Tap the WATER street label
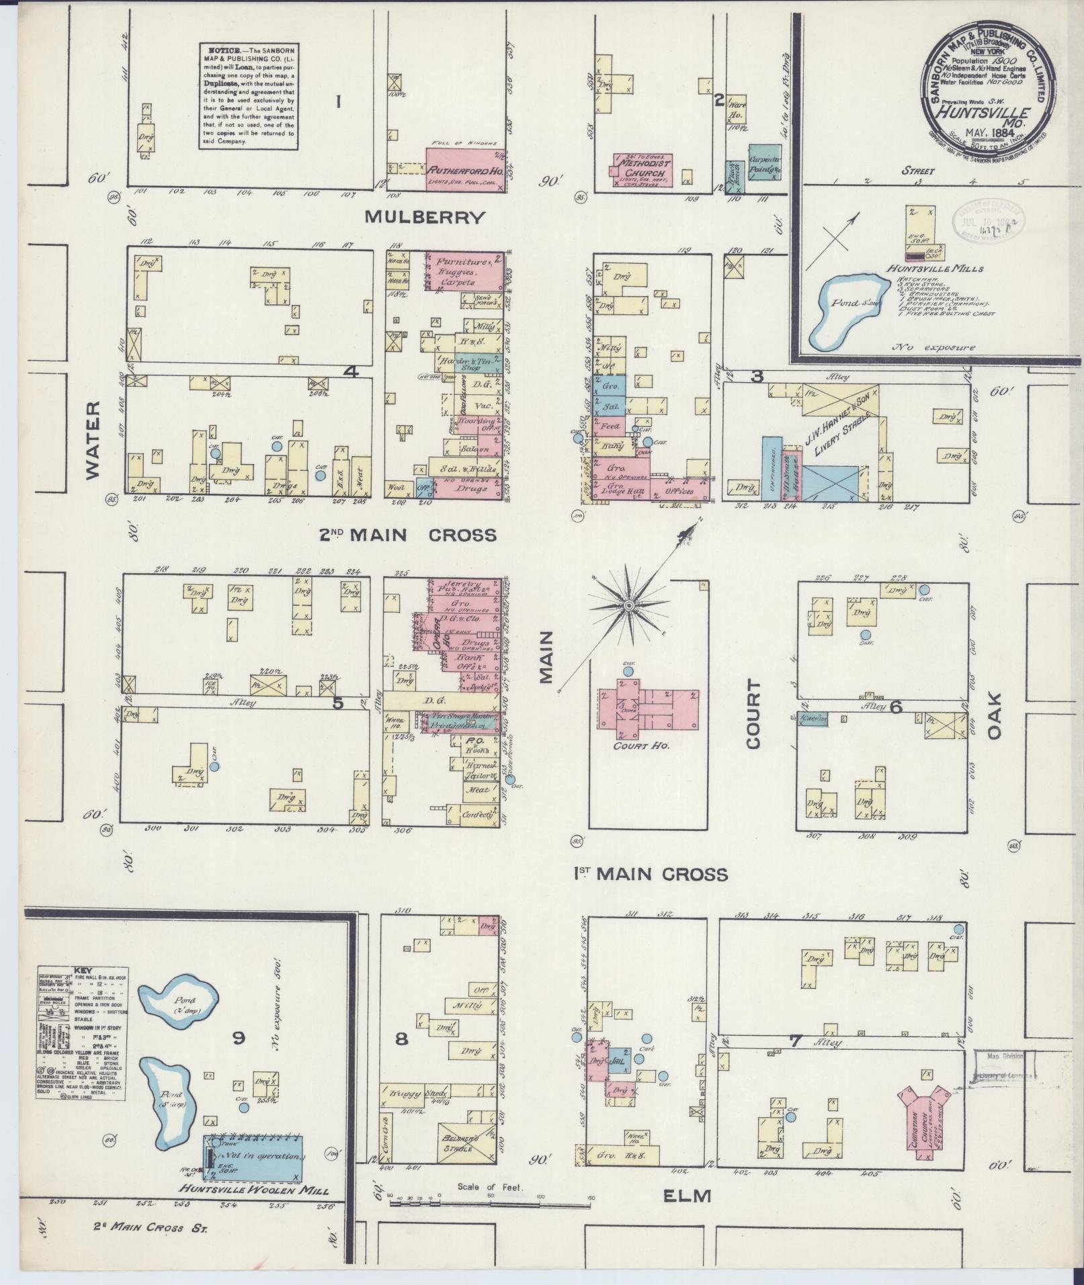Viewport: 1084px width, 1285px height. coord(93,440)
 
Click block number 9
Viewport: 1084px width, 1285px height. coord(238,1038)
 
